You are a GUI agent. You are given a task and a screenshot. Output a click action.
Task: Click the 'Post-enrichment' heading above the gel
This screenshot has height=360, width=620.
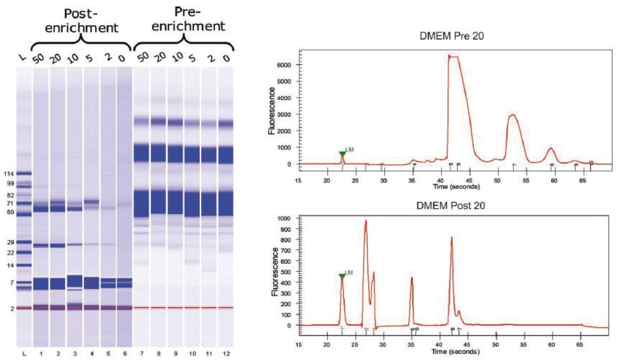click(81, 19)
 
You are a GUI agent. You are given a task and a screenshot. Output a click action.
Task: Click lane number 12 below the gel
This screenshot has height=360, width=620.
click(226, 353)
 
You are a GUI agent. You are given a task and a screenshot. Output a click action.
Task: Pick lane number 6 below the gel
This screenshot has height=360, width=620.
click(124, 353)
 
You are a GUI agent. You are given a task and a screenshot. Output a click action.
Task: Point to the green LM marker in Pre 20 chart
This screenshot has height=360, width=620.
click(342, 154)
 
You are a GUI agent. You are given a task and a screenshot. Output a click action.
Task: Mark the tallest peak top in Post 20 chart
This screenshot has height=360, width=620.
click(365, 221)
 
